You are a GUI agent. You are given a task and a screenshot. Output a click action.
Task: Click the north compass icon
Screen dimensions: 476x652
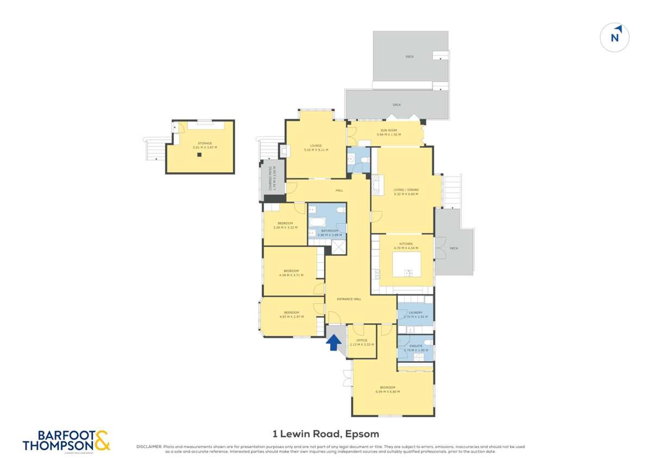point(615,38)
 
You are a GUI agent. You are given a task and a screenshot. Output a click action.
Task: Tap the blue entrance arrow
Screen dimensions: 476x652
point(334,342)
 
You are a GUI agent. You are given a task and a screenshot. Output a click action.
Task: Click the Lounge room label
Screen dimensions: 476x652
point(316,145)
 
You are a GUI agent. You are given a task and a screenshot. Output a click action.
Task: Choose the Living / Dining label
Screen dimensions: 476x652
point(406,190)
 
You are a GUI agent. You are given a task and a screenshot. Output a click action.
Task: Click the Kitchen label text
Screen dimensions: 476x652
point(406,244)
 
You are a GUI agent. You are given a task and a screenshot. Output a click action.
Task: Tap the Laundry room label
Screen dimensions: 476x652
point(416,312)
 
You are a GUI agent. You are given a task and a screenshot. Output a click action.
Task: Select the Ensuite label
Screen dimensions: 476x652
point(416,346)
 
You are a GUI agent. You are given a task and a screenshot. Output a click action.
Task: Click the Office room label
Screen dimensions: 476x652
point(362,341)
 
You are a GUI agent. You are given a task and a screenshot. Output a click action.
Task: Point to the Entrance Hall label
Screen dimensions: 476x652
point(349,299)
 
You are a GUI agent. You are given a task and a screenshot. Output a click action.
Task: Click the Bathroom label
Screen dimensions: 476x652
point(330,231)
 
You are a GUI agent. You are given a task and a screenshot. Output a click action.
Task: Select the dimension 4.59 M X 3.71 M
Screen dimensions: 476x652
point(291,275)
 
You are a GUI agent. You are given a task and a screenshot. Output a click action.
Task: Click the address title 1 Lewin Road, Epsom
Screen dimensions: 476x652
point(325,434)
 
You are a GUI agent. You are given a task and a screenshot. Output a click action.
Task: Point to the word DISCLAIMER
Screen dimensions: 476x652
point(148,447)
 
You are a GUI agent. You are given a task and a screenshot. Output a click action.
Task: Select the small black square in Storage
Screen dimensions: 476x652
point(199,154)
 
